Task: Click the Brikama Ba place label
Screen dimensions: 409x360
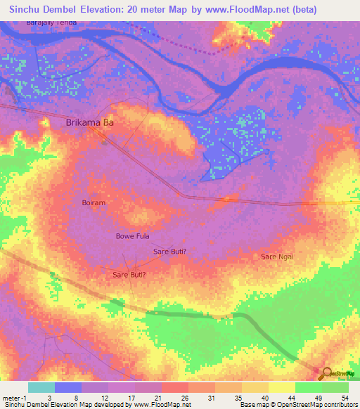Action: pos(89,122)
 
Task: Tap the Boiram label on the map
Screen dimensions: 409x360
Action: pos(94,202)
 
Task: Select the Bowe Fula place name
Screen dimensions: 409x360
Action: pos(133,236)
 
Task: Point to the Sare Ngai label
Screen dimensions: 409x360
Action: pos(277,257)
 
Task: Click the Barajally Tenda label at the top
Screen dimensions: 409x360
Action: pos(50,23)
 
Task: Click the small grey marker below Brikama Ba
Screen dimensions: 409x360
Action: pos(105,141)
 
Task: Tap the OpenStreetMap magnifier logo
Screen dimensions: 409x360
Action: pos(326,374)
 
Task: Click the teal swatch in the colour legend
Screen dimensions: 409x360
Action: pos(41,387)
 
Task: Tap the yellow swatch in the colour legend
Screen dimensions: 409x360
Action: pos(282,387)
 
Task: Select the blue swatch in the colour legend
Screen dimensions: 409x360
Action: pos(68,387)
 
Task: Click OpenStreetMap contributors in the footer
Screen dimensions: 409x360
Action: pos(324,405)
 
